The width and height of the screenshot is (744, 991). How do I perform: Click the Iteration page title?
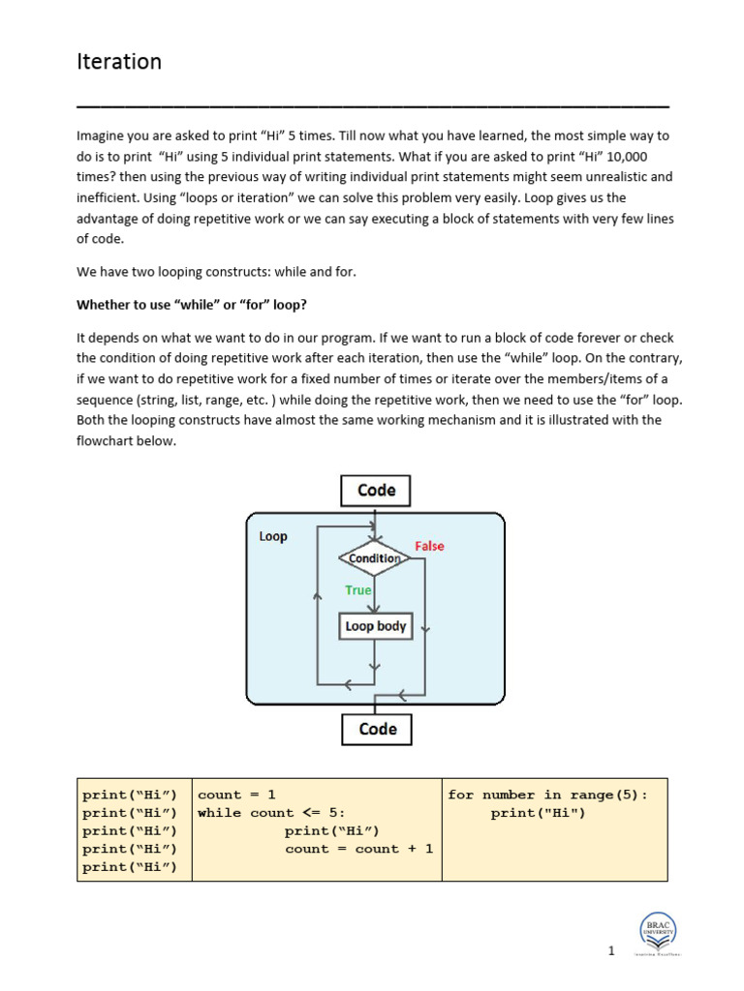coord(119,62)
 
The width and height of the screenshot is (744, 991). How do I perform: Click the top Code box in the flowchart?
coord(376,491)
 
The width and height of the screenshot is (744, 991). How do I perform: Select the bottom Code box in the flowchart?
coord(377,729)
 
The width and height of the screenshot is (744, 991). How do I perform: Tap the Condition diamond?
coord(375,558)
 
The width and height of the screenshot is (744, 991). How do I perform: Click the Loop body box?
coord(376,626)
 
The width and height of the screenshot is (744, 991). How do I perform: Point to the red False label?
coord(429,546)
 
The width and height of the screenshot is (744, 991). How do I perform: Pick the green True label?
coord(358,589)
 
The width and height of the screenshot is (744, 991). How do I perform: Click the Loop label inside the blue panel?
coord(273,536)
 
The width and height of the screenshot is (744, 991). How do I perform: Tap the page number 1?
coord(611,950)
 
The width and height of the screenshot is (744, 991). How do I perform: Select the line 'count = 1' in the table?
coord(236,795)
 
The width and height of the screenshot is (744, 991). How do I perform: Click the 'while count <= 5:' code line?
coord(271,813)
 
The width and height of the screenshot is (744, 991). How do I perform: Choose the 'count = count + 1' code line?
coord(358,849)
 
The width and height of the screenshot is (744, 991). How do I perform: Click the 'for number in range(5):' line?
coord(547,795)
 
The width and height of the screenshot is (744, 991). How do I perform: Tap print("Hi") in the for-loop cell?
coord(538,813)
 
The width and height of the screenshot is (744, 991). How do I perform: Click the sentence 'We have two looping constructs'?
coord(216,272)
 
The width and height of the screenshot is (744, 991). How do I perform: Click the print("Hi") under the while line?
coord(331,831)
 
